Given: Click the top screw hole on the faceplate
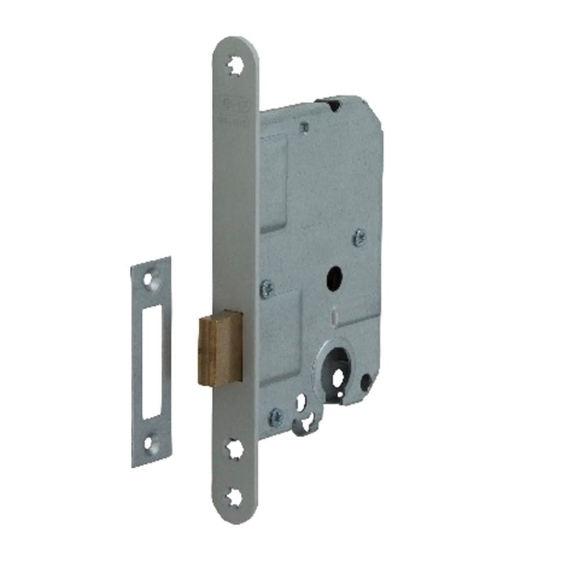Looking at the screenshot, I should pos(235,66).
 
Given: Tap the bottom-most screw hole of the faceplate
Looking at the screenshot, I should pos(235,496).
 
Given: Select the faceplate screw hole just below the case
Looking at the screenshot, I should pos(234,448).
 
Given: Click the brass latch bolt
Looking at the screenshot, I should pos(219,347).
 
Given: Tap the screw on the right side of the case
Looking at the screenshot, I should pos(359,236).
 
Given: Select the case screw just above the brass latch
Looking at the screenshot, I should pos(267,288).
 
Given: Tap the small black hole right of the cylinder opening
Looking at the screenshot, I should pos(365,381).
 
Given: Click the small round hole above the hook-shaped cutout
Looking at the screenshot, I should pos(301,400).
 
